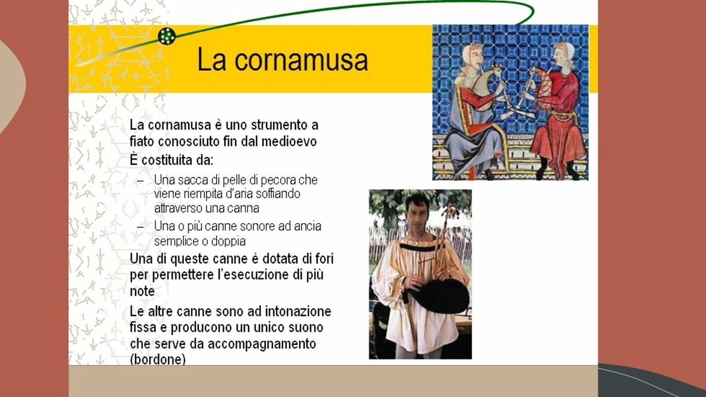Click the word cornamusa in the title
[301, 60]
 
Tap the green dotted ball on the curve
[167, 36]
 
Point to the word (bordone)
[158, 359]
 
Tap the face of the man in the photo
[417, 216]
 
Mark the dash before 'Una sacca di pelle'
[141, 181]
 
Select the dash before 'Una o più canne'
[141, 227]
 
